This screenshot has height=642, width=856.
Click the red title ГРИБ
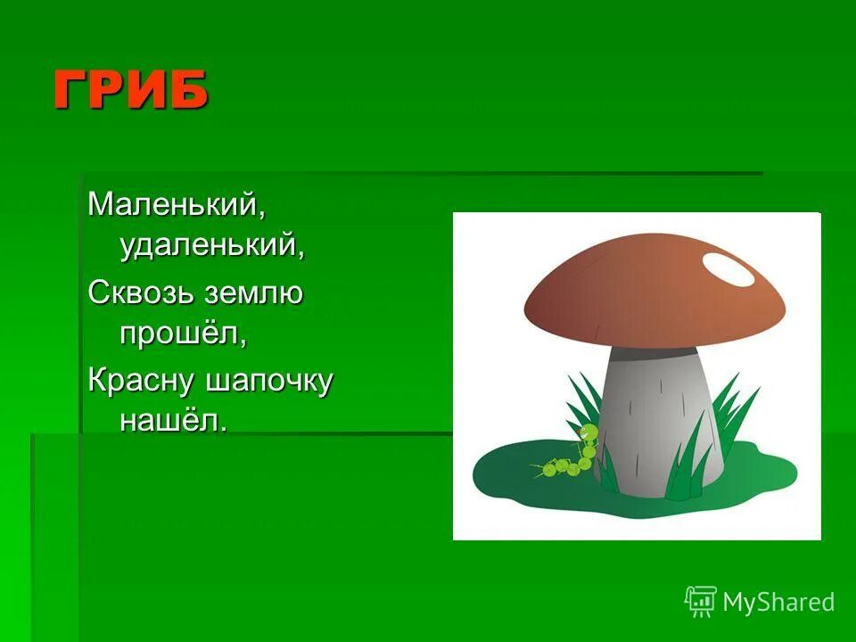(x=131, y=91)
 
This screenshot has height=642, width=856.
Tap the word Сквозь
(x=141, y=292)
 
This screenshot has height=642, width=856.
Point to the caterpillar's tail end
(x=542, y=471)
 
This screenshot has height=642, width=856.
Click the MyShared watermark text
(x=778, y=602)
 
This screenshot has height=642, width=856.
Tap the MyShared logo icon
(x=701, y=601)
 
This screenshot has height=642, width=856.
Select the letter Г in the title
(x=73, y=91)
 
